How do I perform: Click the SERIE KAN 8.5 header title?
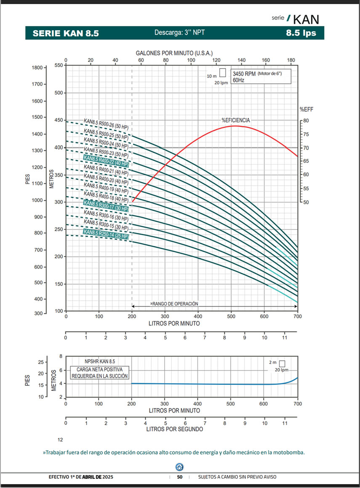[66, 33]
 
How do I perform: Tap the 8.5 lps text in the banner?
[301, 33]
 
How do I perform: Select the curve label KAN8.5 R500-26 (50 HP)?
[106, 124]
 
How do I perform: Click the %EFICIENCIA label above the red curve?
[235, 120]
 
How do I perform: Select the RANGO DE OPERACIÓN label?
[174, 304]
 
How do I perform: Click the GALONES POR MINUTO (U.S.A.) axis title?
[174, 53]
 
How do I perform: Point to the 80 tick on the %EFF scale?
[307, 121]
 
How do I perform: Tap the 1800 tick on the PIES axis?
[38, 68]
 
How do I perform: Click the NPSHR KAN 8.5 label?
[99, 361]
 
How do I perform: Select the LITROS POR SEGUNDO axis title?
[174, 429]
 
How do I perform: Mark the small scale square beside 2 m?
[282, 363]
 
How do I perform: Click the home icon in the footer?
[179, 466]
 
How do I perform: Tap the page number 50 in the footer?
[179, 477]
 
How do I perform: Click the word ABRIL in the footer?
[91, 477]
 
